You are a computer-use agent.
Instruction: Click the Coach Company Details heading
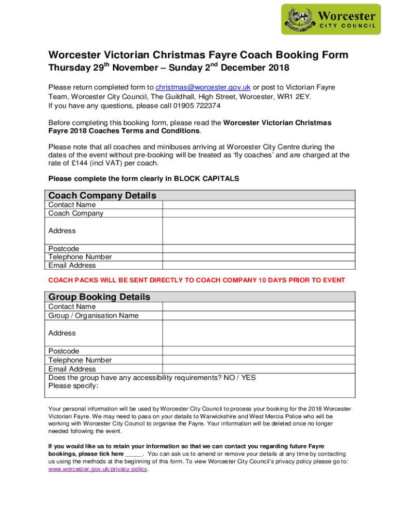click(102, 195)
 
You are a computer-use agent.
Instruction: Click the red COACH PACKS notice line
click(196, 280)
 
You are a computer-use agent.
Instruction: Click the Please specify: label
click(73, 386)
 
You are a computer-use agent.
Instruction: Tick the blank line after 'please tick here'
click(134, 454)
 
